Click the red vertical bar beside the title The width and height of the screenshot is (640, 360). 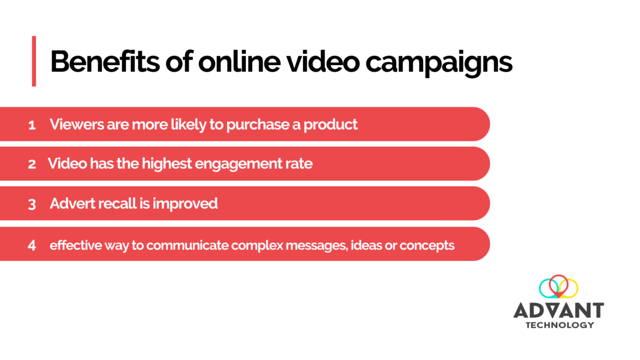[x=34, y=61]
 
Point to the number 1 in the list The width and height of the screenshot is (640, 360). [x=32, y=125]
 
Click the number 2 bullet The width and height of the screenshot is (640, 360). [x=32, y=164]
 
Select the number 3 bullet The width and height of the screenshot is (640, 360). [x=32, y=204]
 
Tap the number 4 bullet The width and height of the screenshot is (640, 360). [x=32, y=246]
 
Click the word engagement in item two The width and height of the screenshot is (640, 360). [x=228, y=164]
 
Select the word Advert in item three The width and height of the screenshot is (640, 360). [x=69, y=203]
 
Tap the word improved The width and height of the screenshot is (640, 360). [x=191, y=204]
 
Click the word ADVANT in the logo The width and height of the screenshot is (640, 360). [x=558, y=310]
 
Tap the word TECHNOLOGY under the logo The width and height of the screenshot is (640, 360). [x=559, y=325]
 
